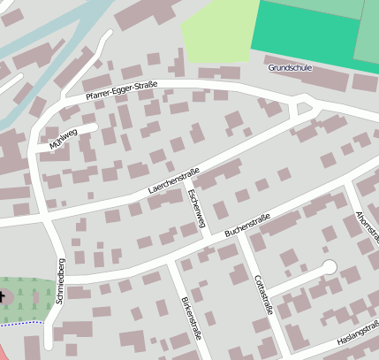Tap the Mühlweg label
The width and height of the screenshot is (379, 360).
coord(64,138)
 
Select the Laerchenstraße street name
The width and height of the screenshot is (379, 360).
coord(174,180)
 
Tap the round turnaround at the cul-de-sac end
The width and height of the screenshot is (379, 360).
coord(330,266)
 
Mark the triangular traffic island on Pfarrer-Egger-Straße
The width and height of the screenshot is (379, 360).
coord(306,108)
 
